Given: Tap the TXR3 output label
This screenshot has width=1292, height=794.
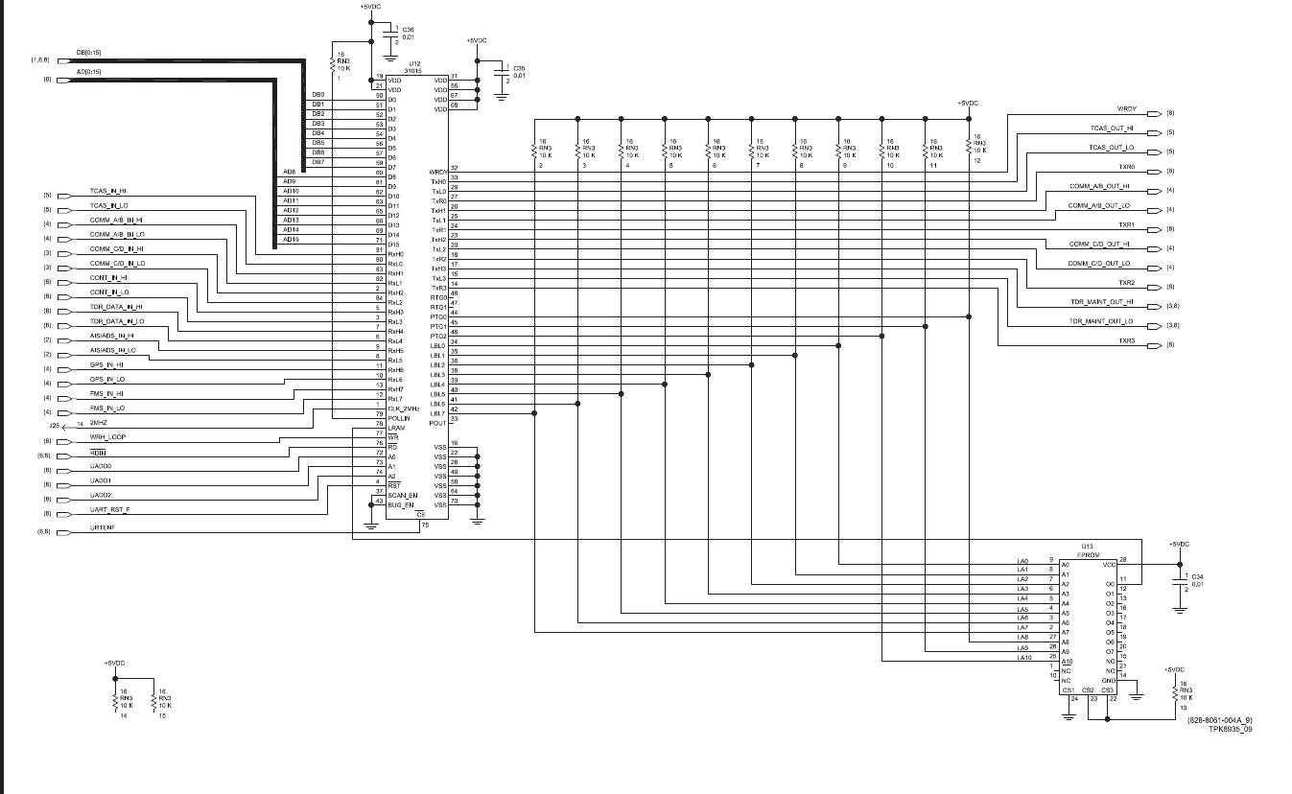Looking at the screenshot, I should [1126, 340].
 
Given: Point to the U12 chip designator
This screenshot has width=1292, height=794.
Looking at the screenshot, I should [415, 61].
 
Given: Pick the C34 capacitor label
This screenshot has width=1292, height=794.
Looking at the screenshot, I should [1197, 576].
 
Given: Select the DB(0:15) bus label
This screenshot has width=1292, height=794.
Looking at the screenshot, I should [89, 52].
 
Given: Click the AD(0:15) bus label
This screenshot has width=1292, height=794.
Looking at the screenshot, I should [89, 72].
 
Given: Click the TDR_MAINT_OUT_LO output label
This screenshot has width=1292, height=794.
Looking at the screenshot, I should [1101, 321].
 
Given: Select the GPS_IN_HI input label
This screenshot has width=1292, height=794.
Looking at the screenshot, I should [106, 364].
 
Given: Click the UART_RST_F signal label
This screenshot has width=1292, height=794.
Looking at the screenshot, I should [109, 509].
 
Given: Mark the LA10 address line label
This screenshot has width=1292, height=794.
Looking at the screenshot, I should [1022, 658].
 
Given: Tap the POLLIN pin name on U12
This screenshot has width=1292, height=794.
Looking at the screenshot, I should [399, 418].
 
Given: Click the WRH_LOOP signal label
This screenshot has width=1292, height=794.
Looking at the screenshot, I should [107, 436].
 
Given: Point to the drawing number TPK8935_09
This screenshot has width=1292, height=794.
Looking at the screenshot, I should [1230, 729].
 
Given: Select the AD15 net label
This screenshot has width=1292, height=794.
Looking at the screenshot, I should [291, 240].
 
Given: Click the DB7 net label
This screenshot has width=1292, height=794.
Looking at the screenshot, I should [318, 162].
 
